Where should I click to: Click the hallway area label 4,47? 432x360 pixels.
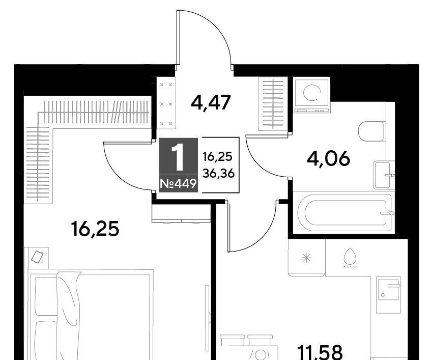pos(211,103)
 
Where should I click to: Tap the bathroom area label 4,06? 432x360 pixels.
pos(328,158)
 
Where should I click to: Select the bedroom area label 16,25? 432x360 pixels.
pos(95,229)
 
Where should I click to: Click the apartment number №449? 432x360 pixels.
pos(178,183)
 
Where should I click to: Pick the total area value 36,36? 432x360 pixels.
pos(218,174)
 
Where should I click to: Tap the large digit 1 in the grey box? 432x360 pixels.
pos(178,157)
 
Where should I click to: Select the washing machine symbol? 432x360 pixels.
pos(312,96)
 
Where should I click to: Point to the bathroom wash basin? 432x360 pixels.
pos(383,175)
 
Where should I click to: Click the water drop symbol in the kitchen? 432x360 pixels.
pos(350,258)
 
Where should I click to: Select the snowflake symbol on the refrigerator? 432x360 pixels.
pos(306,258)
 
